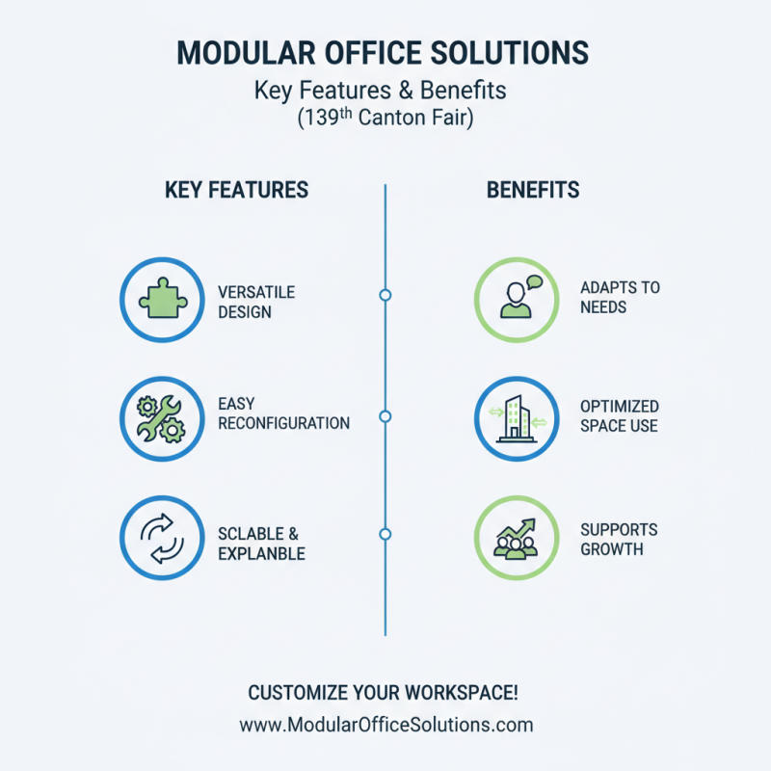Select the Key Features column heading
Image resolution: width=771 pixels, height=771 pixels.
[237, 189]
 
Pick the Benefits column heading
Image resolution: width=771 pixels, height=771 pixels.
[533, 189]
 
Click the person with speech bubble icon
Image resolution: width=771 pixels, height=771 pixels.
[517, 300]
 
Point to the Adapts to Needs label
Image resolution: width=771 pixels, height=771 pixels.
[620, 297]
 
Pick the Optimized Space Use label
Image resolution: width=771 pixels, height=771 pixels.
[620, 415]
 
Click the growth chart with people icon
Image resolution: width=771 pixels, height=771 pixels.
[517, 536]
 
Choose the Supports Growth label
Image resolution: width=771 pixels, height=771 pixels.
[619, 540]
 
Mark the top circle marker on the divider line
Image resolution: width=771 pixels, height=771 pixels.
[385, 295]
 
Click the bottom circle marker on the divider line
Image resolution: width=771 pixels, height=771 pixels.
[385, 534]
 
